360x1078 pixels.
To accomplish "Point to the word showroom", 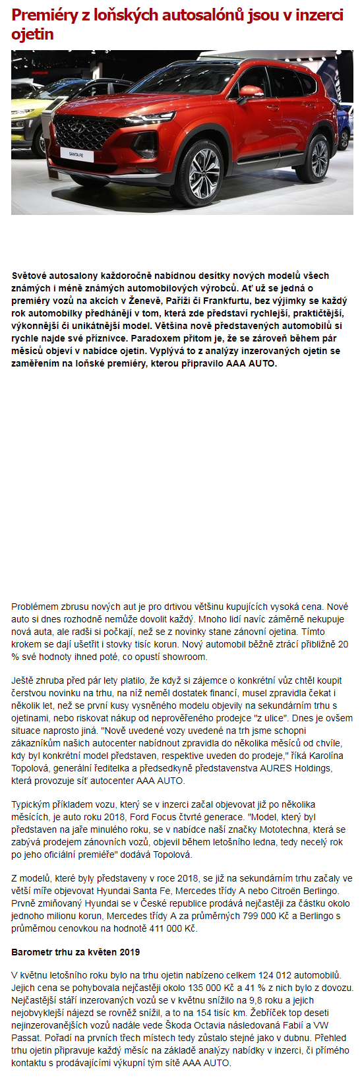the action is pyautogui.click(x=185, y=657).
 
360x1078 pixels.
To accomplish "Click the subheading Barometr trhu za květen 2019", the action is pyautogui.click(x=75, y=952).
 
